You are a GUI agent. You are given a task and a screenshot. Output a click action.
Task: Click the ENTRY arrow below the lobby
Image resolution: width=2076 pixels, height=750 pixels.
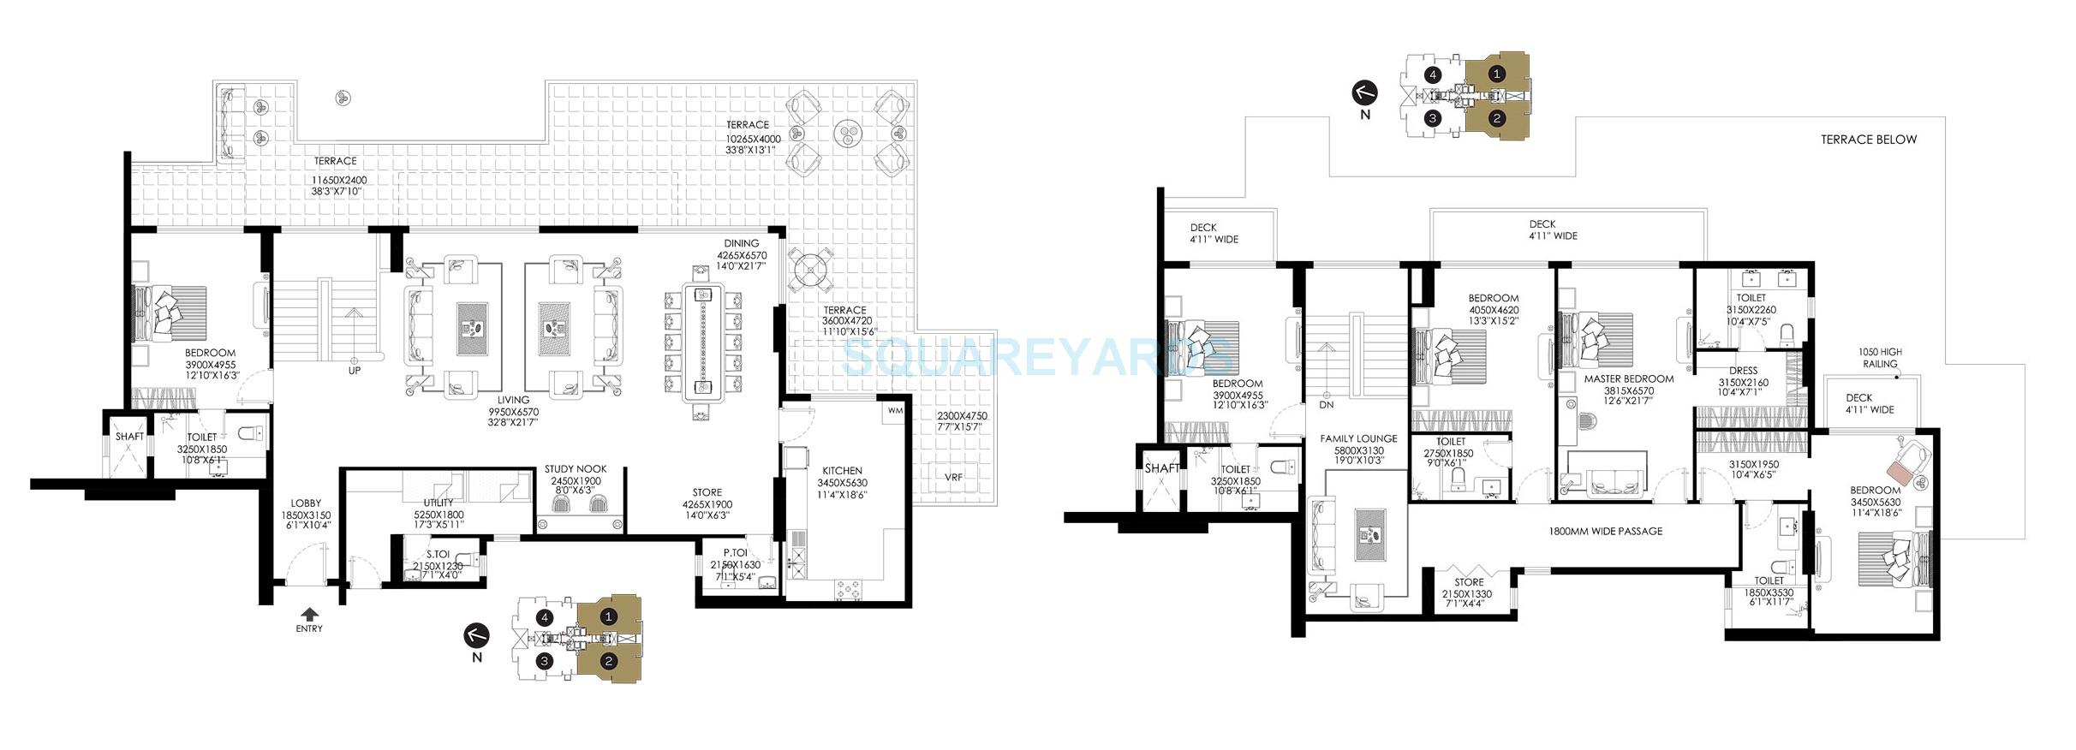(x=309, y=613)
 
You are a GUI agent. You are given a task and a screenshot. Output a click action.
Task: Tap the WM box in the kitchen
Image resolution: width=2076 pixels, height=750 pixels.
(x=896, y=411)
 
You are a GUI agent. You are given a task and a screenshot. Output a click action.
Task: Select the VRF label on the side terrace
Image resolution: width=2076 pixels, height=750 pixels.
(x=953, y=477)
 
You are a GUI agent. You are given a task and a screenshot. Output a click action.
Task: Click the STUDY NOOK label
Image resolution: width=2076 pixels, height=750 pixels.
(x=576, y=469)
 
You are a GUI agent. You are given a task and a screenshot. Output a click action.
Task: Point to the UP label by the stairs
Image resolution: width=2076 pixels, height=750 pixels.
(x=354, y=371)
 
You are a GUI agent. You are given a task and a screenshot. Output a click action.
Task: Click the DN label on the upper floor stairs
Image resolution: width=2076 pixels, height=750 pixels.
(x=1327, y=405)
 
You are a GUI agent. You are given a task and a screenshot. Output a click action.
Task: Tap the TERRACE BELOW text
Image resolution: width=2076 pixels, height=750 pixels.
(x=1869, y=140)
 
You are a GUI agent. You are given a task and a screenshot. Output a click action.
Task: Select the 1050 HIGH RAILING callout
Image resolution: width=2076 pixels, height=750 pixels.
(x=1880, y=357)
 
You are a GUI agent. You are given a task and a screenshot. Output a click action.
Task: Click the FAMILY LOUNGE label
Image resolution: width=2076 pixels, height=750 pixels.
(x=1358, y=438)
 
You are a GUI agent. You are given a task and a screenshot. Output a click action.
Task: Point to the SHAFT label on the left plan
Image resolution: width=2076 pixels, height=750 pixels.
(x=130, y=437)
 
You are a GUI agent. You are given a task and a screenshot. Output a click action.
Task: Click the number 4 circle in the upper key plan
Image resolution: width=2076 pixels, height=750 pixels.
(x=1432, y=74)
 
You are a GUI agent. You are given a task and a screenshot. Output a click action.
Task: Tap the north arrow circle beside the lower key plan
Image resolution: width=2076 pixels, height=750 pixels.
(x=477, y=634)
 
